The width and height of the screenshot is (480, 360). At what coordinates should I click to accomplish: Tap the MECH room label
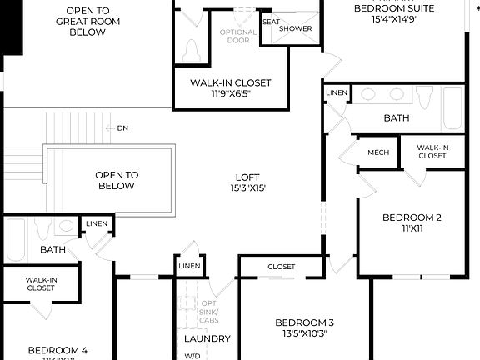point(378,152)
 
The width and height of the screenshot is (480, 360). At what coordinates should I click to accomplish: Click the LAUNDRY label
point(207,338)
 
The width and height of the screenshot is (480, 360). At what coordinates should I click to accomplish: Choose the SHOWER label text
point(296,28)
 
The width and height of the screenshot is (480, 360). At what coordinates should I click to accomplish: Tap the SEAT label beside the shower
point(271,22)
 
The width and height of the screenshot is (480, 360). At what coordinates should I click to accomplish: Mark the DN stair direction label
point(122,128)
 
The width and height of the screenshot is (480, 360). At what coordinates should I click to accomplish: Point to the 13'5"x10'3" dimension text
point(304,333)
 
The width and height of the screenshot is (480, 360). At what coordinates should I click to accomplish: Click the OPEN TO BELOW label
point(115,180)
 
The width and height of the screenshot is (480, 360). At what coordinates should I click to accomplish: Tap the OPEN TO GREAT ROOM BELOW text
point(81,22)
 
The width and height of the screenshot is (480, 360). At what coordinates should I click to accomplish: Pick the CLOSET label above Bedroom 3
point(281,267)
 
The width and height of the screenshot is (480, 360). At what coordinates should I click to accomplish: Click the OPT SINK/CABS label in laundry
point(208,312)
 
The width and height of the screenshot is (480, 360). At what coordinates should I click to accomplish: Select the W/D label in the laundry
point(192,356)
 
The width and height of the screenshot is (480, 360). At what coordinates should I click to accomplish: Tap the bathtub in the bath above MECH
point(452,107)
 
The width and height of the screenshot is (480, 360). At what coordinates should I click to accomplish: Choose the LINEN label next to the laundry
point(187,266)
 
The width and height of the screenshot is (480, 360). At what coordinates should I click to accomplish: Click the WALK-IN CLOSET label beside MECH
point(432,152)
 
